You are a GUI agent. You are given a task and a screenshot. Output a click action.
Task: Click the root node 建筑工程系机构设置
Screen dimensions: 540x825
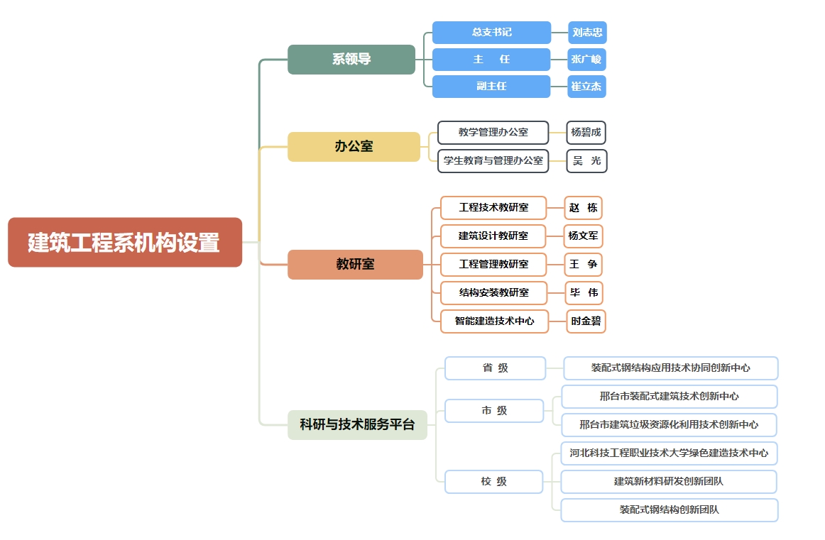(x=124, y=243)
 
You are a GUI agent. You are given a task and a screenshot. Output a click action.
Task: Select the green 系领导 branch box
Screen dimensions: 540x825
(x=351, y=60)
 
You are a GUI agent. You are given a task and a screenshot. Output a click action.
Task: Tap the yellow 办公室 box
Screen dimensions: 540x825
(x=354, y=147)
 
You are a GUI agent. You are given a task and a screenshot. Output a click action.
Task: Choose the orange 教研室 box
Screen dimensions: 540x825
(x=355, y=264)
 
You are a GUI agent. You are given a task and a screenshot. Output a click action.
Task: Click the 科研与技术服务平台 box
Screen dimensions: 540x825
(x=357, y=425)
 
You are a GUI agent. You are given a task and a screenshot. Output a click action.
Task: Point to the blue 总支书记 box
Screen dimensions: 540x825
(x=491, y=33)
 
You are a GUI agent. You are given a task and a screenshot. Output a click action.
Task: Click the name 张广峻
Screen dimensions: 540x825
(x=586, y=60)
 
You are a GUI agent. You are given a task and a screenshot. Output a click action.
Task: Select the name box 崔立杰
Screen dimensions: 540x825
(x=586, y=87)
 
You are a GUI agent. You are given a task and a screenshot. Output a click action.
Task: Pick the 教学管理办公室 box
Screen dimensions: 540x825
(x=493, y=133)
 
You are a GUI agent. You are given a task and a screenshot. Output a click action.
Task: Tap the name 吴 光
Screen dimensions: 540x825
(x=586, y=161)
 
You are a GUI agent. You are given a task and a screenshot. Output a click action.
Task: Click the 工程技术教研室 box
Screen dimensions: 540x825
(x=493, y=208)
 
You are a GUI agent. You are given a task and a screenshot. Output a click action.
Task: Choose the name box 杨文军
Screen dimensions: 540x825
(x=583, y=236)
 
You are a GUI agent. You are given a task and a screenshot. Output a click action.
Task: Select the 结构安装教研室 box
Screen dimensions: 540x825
(x=493, y=292)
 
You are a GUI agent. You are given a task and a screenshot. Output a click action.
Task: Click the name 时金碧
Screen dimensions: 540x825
(x=586, y=321)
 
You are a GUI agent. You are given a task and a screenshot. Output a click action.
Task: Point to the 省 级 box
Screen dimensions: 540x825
(x=495, y=368)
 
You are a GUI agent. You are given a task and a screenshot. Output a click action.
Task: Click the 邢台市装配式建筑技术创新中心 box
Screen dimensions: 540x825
(x=669, y=397)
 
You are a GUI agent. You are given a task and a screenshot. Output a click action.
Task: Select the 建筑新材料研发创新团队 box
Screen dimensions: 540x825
(x=668, y=482)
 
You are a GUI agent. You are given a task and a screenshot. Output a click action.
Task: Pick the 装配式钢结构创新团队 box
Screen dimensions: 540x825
(x=669, y=510)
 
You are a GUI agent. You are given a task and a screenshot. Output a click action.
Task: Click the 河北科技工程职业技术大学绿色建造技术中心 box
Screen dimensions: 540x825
(x=669, y=453)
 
